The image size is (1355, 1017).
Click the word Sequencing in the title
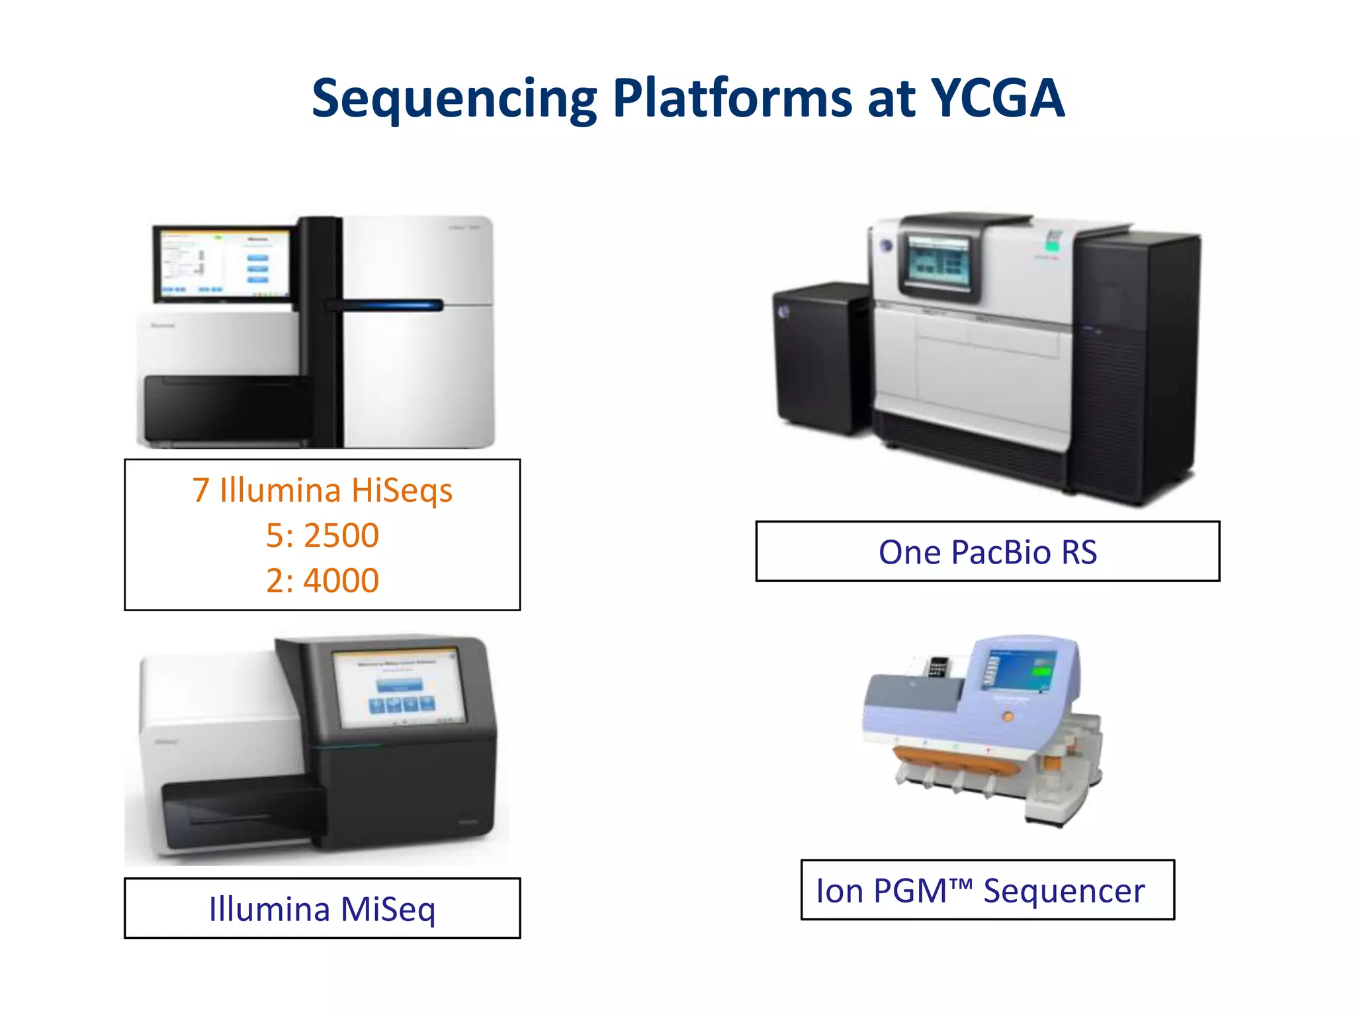click(454, 99)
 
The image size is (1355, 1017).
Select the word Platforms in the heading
click(732, 99)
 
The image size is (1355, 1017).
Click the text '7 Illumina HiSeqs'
click(322, 491)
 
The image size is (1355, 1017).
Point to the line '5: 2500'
click(322, 535)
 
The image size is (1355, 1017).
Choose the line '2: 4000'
click(322, 580)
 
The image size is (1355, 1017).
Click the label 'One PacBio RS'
click(987, 552)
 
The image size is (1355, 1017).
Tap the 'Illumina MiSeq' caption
click(322, 908)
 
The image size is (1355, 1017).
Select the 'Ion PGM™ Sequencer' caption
click(980, 891)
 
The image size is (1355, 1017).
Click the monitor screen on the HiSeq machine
click(224, 264)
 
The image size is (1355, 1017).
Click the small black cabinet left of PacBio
click(820, 358)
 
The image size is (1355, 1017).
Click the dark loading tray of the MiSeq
click(238, 814)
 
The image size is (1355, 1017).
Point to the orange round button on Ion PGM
click(1008, 716)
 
